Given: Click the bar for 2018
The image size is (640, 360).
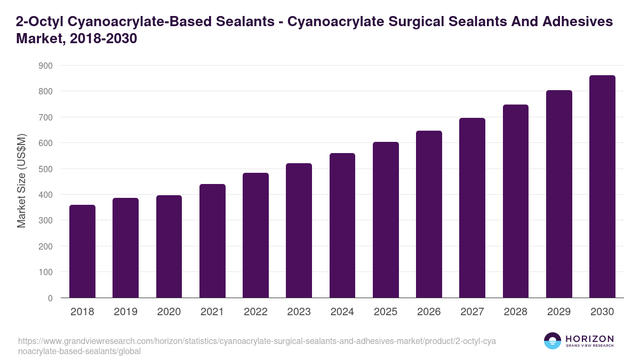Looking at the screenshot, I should pos(82,251).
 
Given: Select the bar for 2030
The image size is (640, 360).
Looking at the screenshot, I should pos(602,187).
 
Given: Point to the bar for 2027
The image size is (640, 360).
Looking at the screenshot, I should pos(472,208).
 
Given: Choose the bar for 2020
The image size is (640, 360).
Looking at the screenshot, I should pos(169,246).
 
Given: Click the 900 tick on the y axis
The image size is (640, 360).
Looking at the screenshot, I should pos(46,66).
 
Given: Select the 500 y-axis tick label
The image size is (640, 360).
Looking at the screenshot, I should pos(46,169).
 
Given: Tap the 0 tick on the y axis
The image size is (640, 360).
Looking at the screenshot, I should pos(50,298).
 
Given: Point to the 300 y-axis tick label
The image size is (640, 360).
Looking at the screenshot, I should pos(46,221).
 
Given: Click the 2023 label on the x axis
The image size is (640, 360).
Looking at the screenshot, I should pos(299,312).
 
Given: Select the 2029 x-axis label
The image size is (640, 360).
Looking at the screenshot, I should pos(559,312).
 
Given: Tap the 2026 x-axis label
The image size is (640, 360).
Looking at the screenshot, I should pos(429,312).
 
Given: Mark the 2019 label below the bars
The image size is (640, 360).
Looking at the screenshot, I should pos(125,312).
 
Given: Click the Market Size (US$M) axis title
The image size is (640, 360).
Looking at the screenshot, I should pos(21,182).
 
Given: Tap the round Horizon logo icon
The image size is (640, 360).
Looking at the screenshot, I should pos(553,341).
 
